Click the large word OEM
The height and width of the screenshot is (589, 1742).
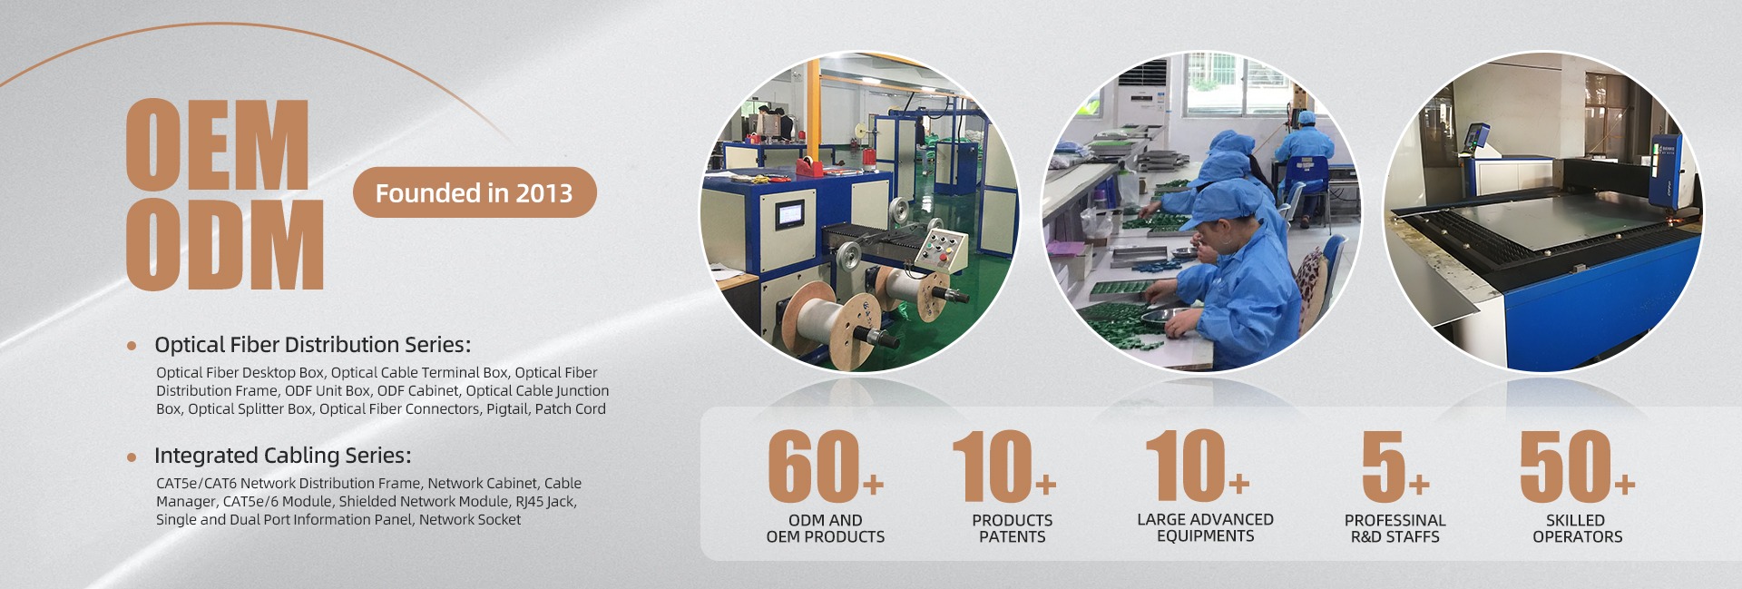[218, 145]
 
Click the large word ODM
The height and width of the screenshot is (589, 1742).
[225, 244]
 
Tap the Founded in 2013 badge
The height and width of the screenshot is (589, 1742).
[475, 192]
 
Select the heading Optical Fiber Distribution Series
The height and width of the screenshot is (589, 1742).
[312, 345]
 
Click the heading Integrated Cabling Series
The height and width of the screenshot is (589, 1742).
[282, 456]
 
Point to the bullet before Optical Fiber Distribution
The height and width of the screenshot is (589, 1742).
[132, 346]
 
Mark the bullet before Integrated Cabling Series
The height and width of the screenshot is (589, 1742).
[132, 456]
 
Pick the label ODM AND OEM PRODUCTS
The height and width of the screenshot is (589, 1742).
[826, 528]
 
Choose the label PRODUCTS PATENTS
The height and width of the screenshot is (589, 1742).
[1013, 528]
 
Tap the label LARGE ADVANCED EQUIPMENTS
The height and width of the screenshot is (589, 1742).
[1206, 527]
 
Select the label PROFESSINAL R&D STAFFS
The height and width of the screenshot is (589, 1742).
[1395, 528]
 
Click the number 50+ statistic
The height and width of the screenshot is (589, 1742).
[1577, 466]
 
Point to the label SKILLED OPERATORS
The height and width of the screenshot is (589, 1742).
[1577, 528]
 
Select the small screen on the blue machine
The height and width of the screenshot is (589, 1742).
[789, 214]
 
